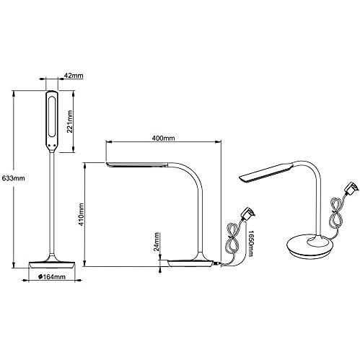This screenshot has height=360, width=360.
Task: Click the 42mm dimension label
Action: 74,76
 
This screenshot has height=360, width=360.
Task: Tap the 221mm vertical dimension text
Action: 69,121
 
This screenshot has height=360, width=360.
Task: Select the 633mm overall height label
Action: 13,178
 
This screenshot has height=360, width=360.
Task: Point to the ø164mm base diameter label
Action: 52,277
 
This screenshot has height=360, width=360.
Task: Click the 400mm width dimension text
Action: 163,138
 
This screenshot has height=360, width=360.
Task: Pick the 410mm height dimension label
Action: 82,214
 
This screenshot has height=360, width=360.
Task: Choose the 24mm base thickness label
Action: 157,242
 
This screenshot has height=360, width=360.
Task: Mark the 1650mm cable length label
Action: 250,243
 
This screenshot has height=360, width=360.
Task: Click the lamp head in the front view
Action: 52,121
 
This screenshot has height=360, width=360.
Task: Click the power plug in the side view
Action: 248,214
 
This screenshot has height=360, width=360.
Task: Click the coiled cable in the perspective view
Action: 336,211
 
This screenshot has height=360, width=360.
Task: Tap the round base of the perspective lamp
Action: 309,247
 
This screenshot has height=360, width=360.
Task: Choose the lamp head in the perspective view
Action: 265,172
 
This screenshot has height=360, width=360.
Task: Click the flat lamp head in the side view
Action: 137,164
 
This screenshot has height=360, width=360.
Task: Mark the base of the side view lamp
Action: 190,263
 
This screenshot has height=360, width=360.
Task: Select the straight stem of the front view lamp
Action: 52,203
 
